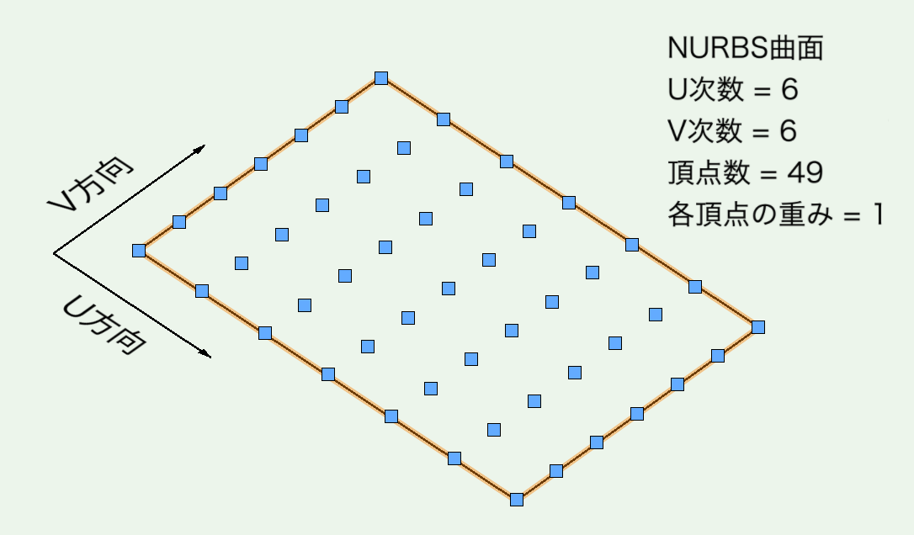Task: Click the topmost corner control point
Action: (x=381, y=78)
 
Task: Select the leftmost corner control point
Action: (x=139, y=250)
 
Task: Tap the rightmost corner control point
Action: (x=757, y=326)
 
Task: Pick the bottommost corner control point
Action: (x=517, y=499)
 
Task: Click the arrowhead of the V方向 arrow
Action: (x=200, y=149)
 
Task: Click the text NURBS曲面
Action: (x=744, y=49)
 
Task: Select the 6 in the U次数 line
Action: (x=789, y=89)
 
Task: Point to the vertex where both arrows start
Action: (x=54, y=253)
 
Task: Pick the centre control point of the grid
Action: (x=449, y=289)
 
